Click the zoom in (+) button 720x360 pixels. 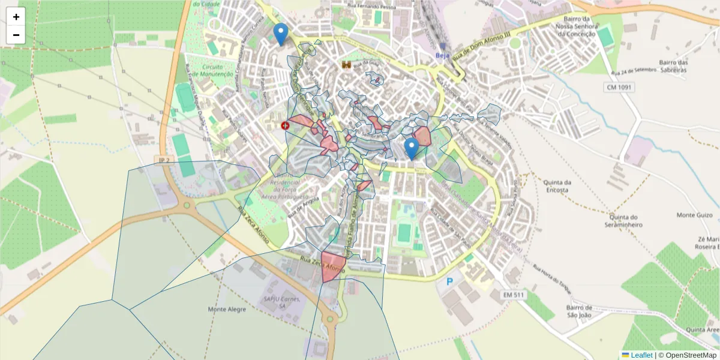16,17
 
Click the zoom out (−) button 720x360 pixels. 16,35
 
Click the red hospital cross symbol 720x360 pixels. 285,125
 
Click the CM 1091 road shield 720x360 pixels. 619,88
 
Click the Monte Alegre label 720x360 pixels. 226,310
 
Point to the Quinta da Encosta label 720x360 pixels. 556,187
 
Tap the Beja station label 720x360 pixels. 442,55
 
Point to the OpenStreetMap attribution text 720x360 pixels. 687,355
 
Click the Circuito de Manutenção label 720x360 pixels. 218,70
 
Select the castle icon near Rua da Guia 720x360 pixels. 346,64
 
